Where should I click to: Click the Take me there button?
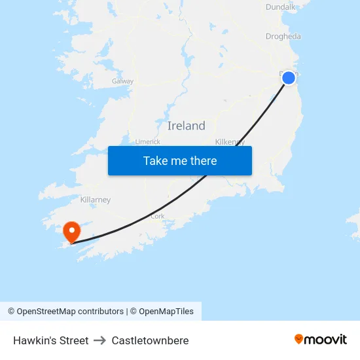click(179, 160)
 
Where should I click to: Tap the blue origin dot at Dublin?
click(289, 78)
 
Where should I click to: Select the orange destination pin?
click(71, 232)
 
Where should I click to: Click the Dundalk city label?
click(281, 7)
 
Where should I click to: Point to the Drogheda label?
click(283, 37)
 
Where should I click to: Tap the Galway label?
click(122, 82)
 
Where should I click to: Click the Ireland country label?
click(186, 126)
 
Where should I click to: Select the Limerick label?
click(147, 141)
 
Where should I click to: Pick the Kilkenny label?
click(230, 141)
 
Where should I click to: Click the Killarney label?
click(95, 200)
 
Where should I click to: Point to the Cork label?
click(157, 216)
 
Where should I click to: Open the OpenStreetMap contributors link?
click(70, 312)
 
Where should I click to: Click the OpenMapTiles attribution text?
click(166, 312)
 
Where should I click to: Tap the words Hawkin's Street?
click(50, 340)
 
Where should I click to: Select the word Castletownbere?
click(150, 340)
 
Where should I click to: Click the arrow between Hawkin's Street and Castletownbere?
click(99, 340)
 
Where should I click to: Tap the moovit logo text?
click(326, 339)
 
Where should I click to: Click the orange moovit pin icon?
click(299, 339)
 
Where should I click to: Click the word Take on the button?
click(156, 160)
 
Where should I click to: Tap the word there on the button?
click(202, 160)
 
